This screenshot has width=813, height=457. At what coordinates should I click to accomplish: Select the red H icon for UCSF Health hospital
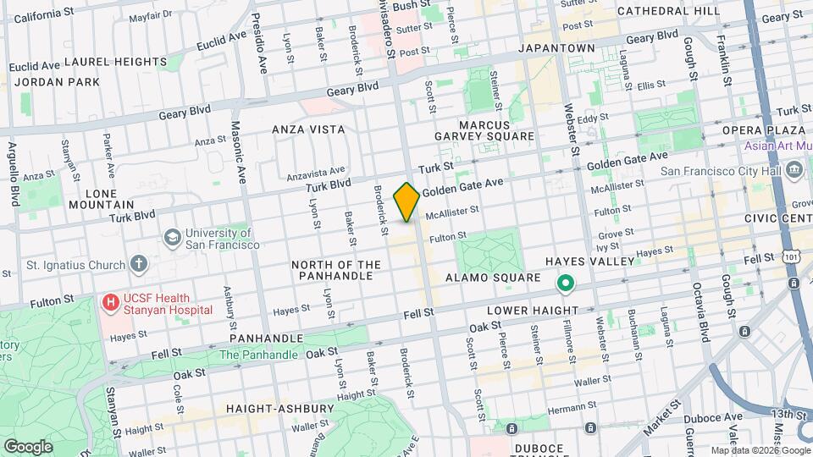tap(110, 301)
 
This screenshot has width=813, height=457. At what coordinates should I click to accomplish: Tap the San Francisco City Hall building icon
tap(794, 171)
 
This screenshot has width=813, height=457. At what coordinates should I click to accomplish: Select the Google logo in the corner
tap(28, 446)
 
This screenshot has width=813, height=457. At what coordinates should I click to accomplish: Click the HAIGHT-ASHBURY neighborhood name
tap(279, 408)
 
